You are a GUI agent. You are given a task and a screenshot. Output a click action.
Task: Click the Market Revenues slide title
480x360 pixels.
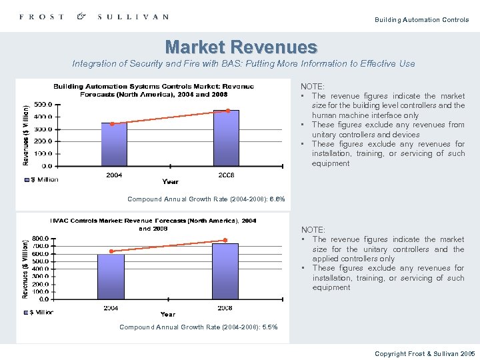[241, 47]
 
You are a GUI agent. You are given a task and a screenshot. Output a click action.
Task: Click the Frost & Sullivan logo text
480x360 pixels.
[94, 17]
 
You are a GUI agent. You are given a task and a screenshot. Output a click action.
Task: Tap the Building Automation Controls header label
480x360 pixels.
[422, 20]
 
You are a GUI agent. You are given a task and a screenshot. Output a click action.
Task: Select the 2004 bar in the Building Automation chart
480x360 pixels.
[113, 144]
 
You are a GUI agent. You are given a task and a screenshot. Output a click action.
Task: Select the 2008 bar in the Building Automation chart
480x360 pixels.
[226, 138]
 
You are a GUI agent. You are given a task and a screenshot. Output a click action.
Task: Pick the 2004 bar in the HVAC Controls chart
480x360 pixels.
[111, 277]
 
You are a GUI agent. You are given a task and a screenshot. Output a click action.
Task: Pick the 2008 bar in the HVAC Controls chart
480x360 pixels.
[225, 271]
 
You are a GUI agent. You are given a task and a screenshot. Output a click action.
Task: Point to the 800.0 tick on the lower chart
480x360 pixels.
[39, 238]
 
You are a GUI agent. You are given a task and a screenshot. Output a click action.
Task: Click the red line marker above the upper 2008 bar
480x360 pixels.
[227, 111]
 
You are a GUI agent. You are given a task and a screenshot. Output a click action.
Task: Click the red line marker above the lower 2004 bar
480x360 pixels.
[111, 251]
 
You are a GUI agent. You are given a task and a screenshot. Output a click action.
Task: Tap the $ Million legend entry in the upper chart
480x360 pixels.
[42, 179]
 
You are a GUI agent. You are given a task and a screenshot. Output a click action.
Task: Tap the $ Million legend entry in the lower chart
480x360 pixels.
[39, 311]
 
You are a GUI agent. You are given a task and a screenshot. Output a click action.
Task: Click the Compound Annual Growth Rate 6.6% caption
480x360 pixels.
[206, 199]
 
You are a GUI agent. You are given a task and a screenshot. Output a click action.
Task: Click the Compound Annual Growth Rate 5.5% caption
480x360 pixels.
[198, 327]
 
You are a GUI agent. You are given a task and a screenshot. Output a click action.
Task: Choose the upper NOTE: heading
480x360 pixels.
[313, 87]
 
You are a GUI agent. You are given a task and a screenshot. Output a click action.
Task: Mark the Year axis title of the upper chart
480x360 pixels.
[170, 181]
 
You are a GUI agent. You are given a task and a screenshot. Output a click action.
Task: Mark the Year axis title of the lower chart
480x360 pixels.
[168, 314]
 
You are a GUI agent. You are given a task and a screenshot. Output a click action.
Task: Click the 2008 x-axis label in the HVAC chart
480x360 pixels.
[225, 308]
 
